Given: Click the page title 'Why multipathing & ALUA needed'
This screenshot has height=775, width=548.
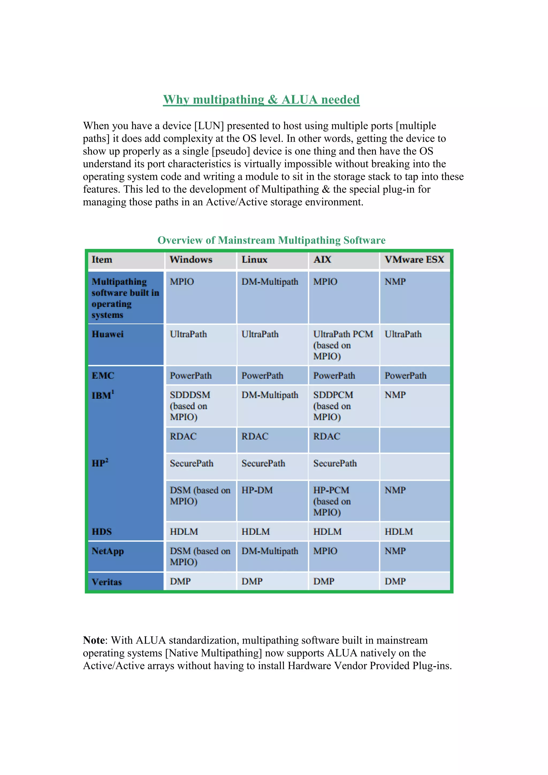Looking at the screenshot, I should point(261,100).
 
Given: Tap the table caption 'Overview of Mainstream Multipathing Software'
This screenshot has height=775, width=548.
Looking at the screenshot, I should point(271,240).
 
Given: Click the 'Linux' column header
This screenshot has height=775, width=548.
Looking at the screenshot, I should point(254,259).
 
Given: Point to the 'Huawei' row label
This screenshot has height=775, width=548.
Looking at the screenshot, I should point(108,334).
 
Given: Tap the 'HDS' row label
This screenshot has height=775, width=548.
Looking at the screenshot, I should point(102,532).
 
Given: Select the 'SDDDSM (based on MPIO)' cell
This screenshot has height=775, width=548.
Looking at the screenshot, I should point(190,406).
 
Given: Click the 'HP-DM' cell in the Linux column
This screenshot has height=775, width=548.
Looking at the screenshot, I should point(257,490).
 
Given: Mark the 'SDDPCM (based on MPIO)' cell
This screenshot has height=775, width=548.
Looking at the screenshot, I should point(333,406).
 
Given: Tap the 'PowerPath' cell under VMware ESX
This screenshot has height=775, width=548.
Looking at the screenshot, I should point(405,376).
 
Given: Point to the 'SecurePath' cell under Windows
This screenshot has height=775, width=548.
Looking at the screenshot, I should point(191,463).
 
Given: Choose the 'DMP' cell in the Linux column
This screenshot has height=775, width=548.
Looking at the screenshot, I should point(252,581).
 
